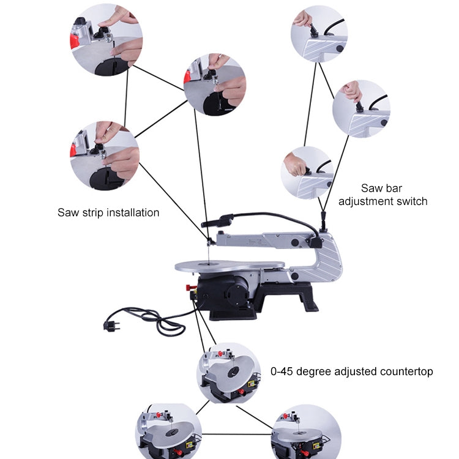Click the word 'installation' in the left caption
pyautogui.click(x=133, y=213)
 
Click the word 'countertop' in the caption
pyautogui.click(x=403, y=371)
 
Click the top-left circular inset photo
pyautogui.click(x=107, y=39)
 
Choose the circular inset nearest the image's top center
pyautogui.click(x=214, y=85)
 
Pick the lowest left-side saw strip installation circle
pyautogui.click(x=105, y=156)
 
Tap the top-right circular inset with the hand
pyautogui.click(x=319, y=34)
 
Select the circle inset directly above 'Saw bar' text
pyautogui.click(x=307, y=172)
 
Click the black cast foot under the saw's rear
pyautogui.click(x=304, y=296)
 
